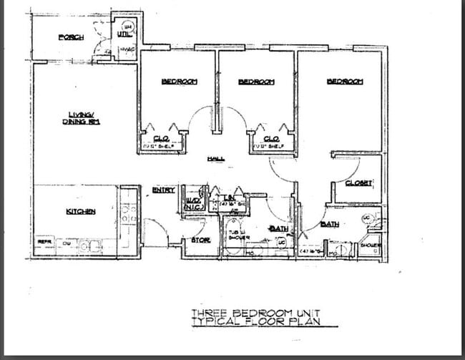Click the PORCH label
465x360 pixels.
[x=72, y=37]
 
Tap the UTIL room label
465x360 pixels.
[x=123, y=33]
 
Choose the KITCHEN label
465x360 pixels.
[x=81, y=211]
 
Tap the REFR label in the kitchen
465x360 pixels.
[x=44, y=243]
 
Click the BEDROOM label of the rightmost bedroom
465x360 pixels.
[x=345, y=82]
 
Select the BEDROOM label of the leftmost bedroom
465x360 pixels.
[x=179, y=82]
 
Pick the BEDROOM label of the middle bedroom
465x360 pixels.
[x=256, y=82]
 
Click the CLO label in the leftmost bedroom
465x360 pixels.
[x=160, y=139]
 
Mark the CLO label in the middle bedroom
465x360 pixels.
[x=270, y=139]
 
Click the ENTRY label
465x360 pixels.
[x=164, y=190]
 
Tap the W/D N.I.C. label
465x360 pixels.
[x=192, y=203]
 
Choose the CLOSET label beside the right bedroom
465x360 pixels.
[x=358, y=183]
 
